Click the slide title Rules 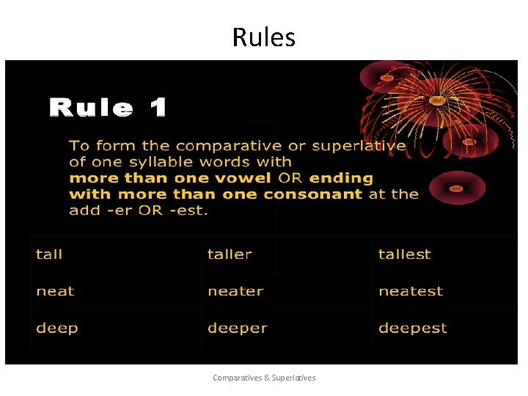(263, 37)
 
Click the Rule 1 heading (108, 109)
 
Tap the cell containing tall (49, 254)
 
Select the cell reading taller (230, 254)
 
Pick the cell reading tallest (404, 254)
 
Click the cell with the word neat (55, 291)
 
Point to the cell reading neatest (411, 291)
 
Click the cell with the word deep (56, 328)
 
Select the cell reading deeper (237, 328)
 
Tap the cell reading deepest (412, 328)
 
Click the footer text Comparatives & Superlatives (264, 378)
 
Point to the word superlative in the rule (359, 146)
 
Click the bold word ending (341, 178)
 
